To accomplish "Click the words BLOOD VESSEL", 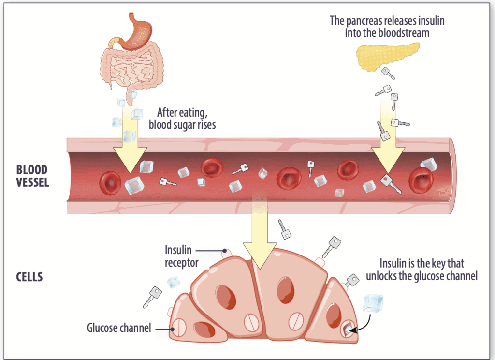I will [32, 177].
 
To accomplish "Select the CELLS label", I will [29, 277].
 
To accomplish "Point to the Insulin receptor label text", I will [178, 255].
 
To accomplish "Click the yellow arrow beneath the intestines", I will [130, 145].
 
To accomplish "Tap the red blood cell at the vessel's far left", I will [110, 183].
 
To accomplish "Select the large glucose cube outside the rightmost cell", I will [372, 303].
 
